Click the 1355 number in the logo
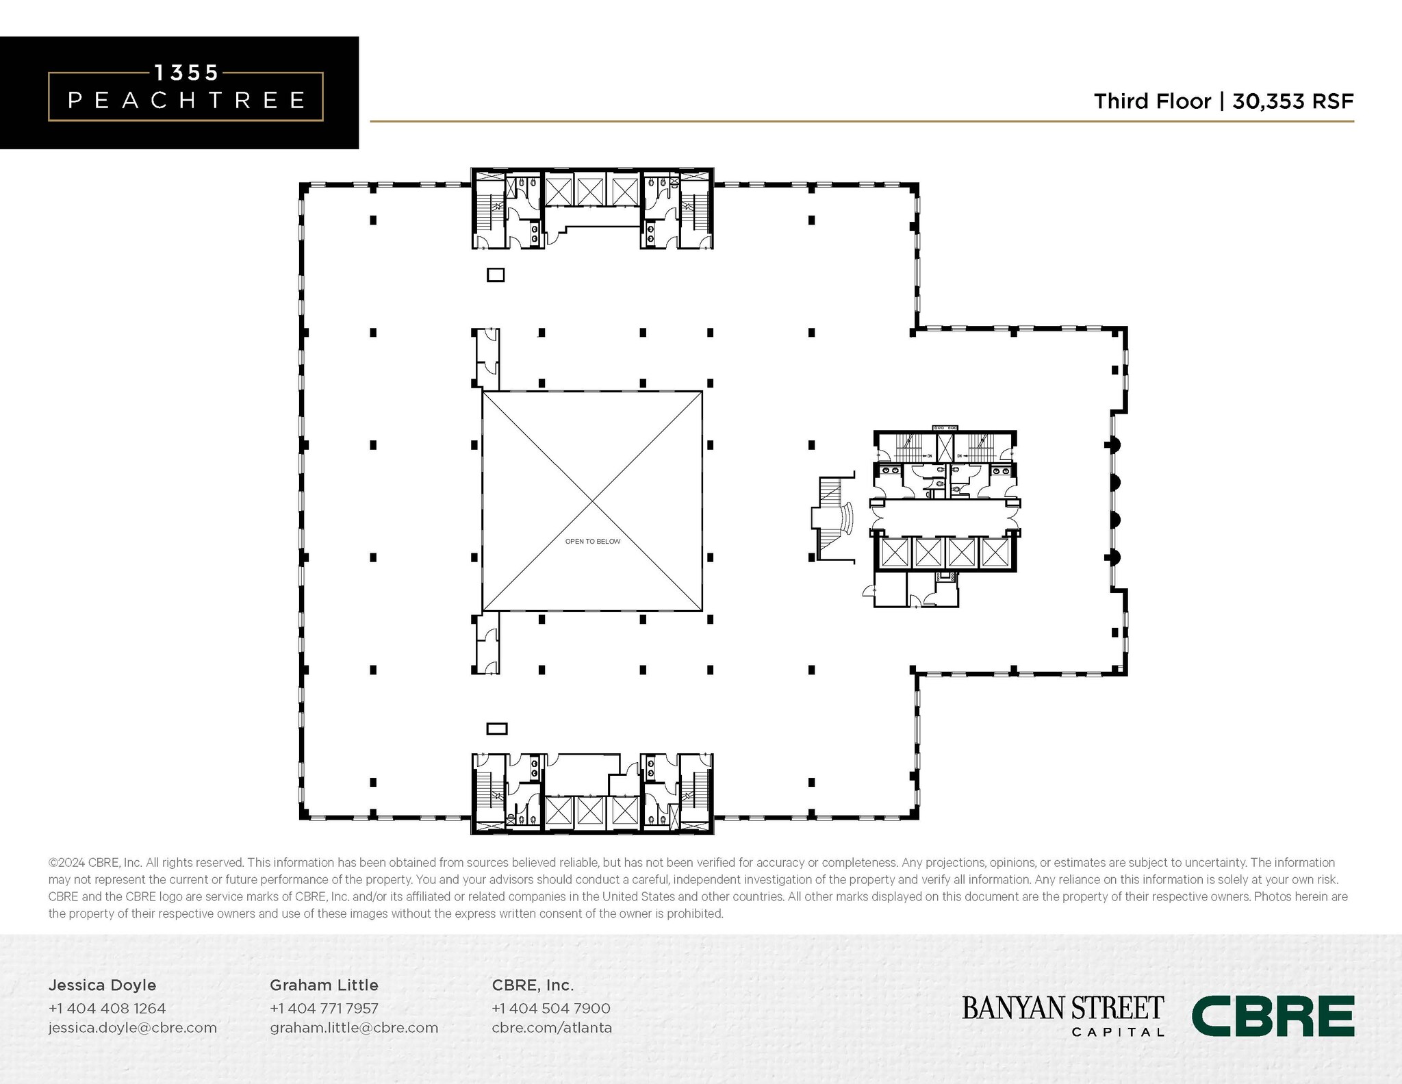[x=186, y=73]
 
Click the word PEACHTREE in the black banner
[x=186, y=101]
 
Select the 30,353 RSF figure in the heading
[x=1292, y=101]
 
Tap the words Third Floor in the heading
[x=1152, y=101]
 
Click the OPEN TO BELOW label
[x=593, y=542]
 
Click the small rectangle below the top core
[x=496, y=275]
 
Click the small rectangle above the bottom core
[x=496, y=729]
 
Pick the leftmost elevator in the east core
[x=894, y=552]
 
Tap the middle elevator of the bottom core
[x=589, y=811]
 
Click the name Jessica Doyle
[x=102, y=985]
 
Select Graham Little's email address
[x=353, y=1027]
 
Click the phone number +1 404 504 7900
[x=550, y=1008]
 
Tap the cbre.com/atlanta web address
[x=552, y=1027]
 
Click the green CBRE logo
[x=1273, y=1016]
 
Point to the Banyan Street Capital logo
[x=1062, y=1016]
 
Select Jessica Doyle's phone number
[x=107, y=1008]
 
